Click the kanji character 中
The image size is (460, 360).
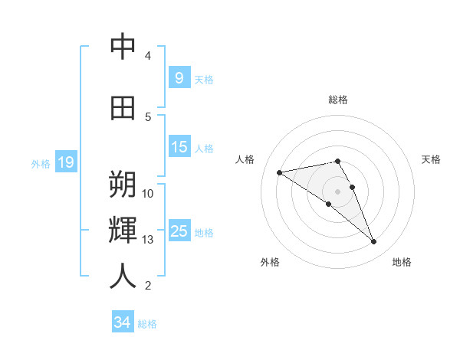tap(123, 47)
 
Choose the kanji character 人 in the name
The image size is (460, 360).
tap(123, 277)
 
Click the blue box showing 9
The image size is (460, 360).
tap(179, 77)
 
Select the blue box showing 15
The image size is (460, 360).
tap(179, 146)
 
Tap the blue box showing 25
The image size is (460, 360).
tap(179, 231)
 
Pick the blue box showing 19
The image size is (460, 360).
tap(65, 162)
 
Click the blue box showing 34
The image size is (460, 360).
tap(122, 322)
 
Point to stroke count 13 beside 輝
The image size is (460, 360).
tap(148, 240)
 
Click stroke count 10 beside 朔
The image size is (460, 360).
tap(148, 193)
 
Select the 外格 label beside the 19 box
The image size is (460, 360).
tap(40, 163)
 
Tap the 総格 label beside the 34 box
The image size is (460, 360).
tap(147, 324)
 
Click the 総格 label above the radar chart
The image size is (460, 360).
tap(337, 100)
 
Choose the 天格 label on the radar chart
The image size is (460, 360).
tap(431, 159)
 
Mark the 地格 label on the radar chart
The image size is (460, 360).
tap(402, 262)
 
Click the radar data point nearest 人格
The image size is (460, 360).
tap(280, 172)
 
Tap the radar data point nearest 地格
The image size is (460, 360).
tap(373, 242)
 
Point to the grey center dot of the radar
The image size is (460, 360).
tap(337, 191)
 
